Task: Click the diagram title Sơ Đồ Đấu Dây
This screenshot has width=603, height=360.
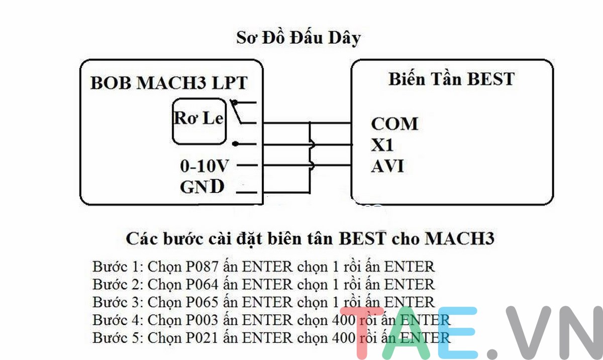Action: tap(298, 38)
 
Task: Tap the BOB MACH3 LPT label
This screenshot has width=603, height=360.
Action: tap(169, 83)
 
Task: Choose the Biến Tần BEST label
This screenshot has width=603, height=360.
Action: tap(451, 79)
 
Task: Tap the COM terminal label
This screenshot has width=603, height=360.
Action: tap(394, 124)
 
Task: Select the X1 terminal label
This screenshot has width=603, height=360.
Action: tap(382, 145)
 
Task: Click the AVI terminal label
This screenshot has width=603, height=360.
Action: tap(387, 166)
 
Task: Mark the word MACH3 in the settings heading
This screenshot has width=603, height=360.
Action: tap(459, 238)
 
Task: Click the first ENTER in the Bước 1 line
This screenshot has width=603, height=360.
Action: tap(267, 266)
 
